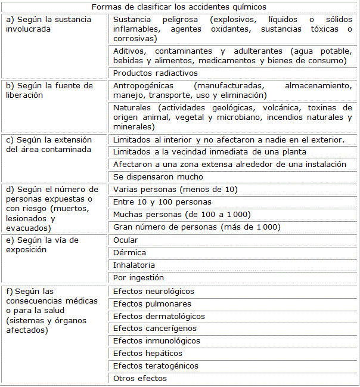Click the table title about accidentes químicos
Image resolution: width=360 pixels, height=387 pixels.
(179, 7)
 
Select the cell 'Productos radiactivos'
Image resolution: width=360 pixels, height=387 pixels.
(155, 73)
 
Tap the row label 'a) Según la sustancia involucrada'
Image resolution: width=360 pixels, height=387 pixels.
(48, 24)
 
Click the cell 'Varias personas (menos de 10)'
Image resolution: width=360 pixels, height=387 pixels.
(175, 190)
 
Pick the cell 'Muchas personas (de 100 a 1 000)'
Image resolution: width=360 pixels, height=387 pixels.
(181, 215)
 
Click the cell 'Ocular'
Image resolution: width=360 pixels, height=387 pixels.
(126, 240)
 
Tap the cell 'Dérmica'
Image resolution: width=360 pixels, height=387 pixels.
(129, 252)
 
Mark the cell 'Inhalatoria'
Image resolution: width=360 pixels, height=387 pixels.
(134, 265)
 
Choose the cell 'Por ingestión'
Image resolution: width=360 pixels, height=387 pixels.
(138, 277)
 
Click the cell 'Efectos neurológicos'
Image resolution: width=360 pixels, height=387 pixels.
(154, 291)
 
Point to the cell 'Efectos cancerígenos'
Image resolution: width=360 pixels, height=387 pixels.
(154, 328)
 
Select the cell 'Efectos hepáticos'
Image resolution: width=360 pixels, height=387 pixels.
(148, 353)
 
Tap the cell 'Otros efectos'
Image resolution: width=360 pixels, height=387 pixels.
(140, 378)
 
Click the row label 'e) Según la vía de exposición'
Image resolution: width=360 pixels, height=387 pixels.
(42, 245)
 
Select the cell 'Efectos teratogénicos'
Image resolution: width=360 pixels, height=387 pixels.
(156, 366)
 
